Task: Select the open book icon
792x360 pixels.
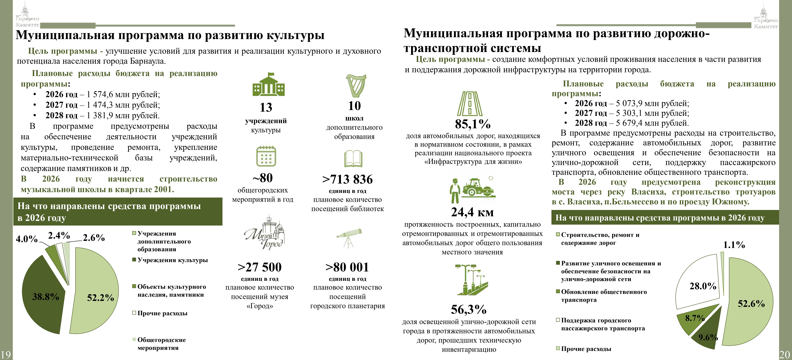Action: point(353,158)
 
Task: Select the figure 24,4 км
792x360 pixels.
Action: point(472,212)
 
